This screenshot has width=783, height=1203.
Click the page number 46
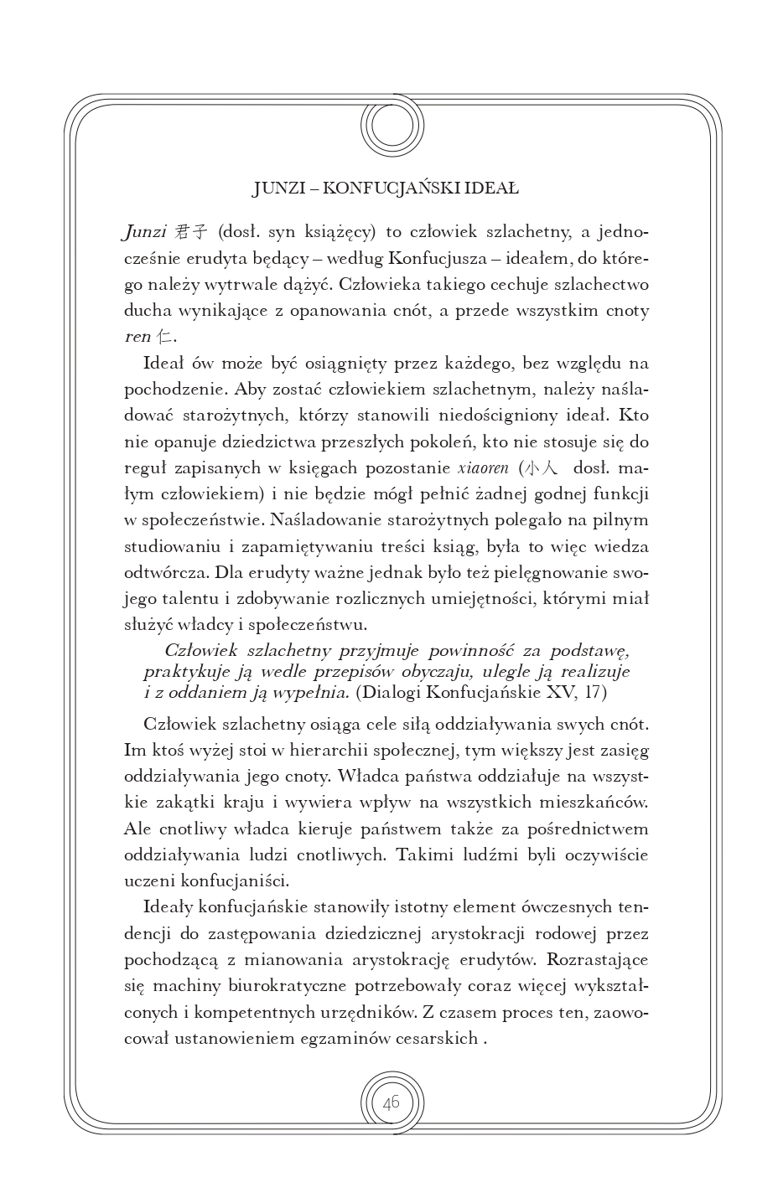pos(391,1102)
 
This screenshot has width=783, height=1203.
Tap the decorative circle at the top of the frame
pos(392,127)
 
